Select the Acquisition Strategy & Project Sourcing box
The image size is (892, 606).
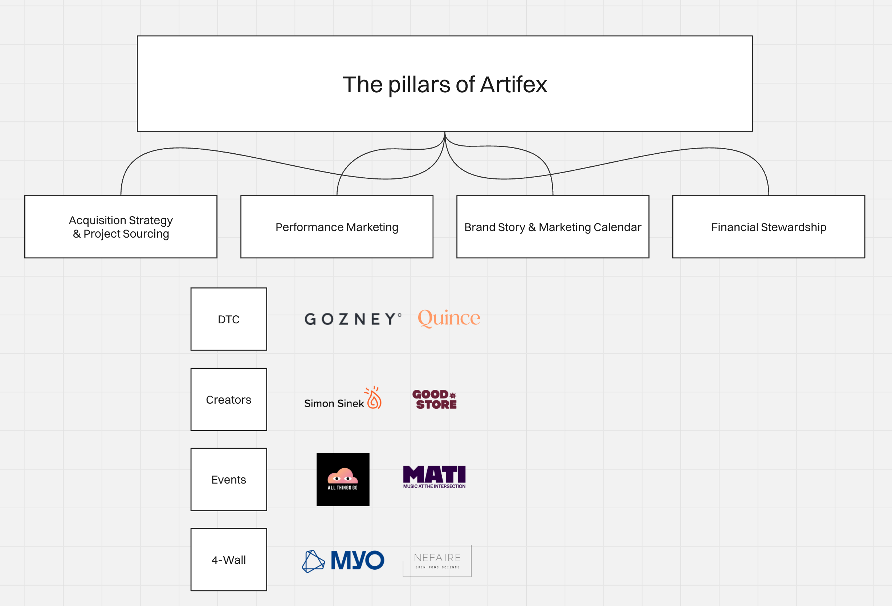pos(121,227)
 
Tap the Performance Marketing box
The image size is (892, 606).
pos(337,227)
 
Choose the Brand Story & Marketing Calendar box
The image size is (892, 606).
pos(552,227)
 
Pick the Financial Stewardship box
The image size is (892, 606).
pos(769,227)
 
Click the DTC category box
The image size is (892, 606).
pos(229,319)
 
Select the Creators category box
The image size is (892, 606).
pos(229,399)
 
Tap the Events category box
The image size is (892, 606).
pos(229,479)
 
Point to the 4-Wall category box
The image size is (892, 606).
pos(229,559)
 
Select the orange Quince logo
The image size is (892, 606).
pos(449,318)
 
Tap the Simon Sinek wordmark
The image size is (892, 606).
pos(334,403)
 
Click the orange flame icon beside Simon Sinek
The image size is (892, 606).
pos(374,397)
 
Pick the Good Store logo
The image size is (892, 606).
pos(435,399)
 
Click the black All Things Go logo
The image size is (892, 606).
pos(343,479)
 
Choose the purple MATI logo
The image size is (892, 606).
pos(434,476)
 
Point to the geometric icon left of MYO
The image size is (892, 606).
pos(313,561)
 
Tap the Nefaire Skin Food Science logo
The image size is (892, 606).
pos(437,561)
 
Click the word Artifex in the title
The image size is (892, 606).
pos(513,85)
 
